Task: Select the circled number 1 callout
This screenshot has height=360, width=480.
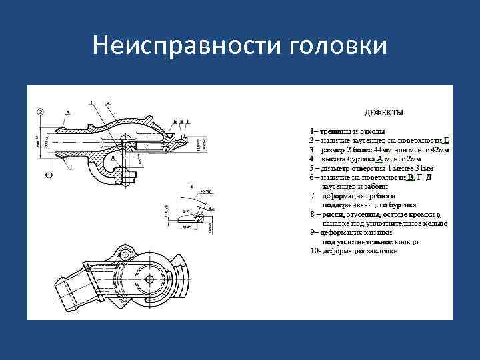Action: pos(49,175)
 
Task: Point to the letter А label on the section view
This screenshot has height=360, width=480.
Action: pos(67,114)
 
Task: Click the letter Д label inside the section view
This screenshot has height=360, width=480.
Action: pos(115,159)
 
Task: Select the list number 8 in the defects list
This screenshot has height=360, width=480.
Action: pos(313,215)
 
